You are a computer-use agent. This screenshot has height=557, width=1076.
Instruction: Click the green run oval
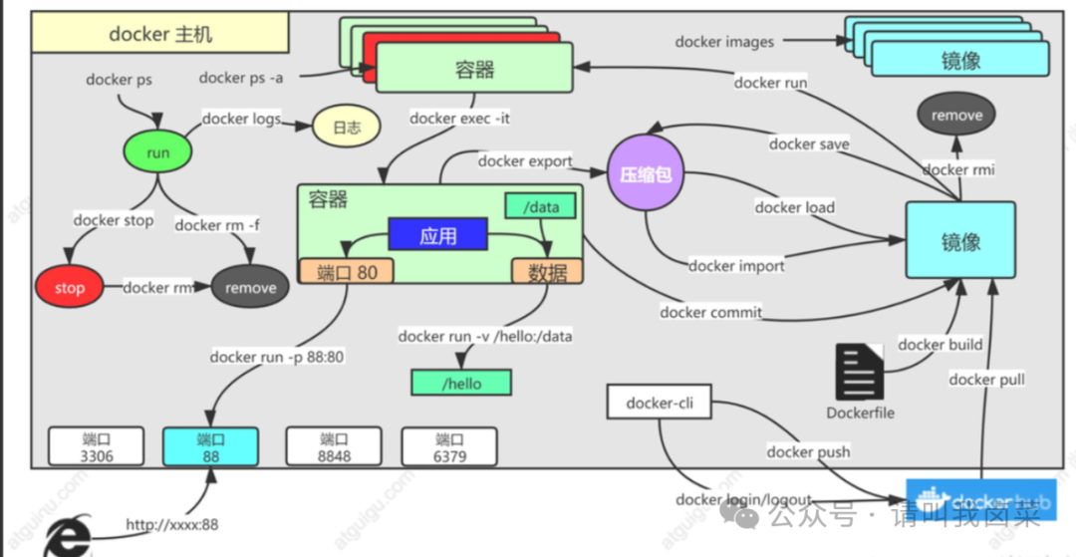click(x=157, y=153)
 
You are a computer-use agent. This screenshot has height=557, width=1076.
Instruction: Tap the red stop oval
click(x=70, y=288)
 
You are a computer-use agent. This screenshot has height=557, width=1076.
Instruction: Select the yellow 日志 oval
click(x=346, y=128)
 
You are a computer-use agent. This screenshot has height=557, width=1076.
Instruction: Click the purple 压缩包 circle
click(x=646, y=174)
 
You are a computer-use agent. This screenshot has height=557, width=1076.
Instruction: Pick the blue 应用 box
click(x=437, y=236)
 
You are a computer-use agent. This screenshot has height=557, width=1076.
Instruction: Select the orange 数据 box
click(x=547, y=271)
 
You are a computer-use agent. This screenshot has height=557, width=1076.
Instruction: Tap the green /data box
click(x=540, y=206)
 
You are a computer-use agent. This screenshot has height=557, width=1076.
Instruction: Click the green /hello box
click(x=460, y=383)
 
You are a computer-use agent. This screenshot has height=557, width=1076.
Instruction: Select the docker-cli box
click(x=659, y=404)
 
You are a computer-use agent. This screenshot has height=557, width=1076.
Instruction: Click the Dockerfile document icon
click(x=859, y=373)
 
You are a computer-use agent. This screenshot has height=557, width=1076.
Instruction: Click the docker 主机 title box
click(x=160, y=35)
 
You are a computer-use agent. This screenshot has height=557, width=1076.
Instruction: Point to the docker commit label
click(x=710, y=312)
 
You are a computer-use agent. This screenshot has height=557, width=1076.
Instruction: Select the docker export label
click(x=525, y=160)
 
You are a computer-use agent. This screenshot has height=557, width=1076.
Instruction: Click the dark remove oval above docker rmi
click(x=956, y=116)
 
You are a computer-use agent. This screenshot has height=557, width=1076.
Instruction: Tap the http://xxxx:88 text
click(x=171, y=524)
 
